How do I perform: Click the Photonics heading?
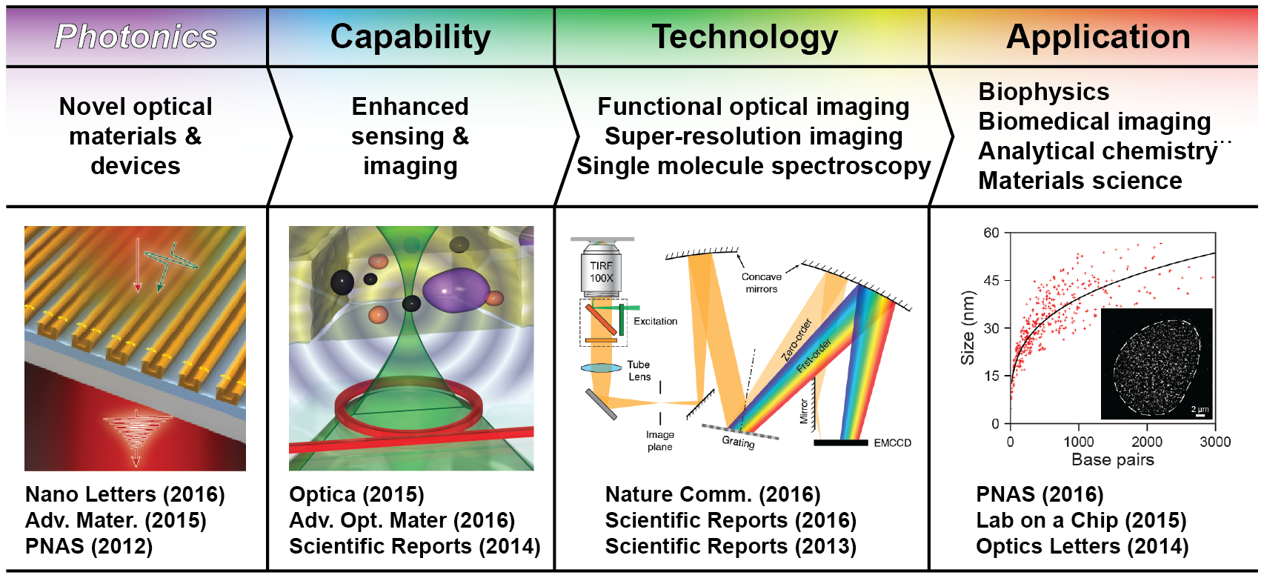[x=136, y=36]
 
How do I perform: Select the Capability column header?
[x=410, y=36]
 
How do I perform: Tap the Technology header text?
[x=745, y=36]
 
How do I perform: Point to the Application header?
[x=1098, y=36]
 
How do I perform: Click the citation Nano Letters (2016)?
[x=125, y=494]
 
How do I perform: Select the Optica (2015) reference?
[x=356, y=494]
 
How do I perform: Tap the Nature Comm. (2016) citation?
[x=713, y=494]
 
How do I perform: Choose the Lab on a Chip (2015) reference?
[x=1081, y=520]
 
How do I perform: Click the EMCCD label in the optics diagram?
[x=892, y=443]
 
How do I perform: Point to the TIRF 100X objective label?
[x=602, y=272]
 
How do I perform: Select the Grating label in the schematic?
[x=738, y=442]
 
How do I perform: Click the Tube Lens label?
[x=639, y=371]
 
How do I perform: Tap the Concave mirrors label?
[x=762, y=282]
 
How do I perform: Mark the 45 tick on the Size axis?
[x=991, y=280]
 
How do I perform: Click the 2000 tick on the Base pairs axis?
[x=1147, y=442]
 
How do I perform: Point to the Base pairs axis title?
[x=1112, y=459]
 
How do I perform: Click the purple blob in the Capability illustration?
[x=451, y=290]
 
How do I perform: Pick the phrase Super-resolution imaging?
[x=754, y=136]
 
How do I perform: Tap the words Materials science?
[x=1080, y=181]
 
